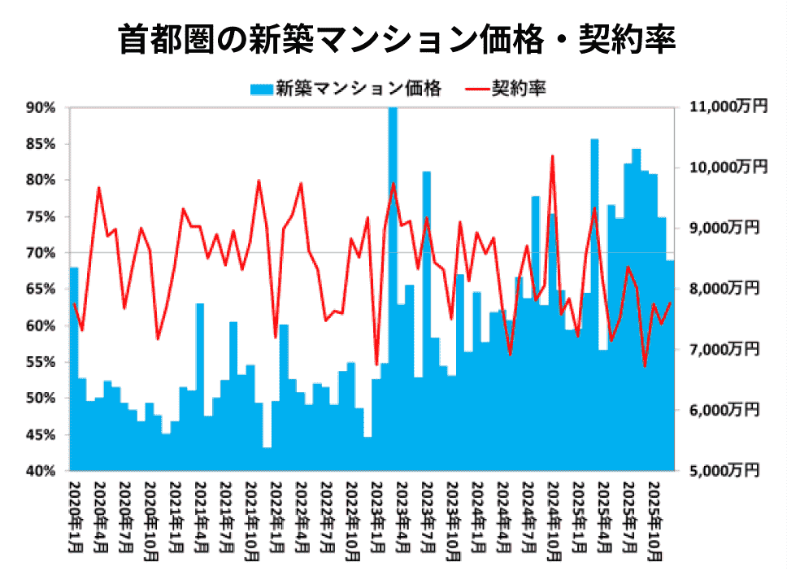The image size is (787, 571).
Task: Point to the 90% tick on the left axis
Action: (x=41, y=107)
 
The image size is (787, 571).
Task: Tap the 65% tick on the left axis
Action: (x=41, y=289)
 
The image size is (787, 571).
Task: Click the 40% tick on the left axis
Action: (x=41, y=470)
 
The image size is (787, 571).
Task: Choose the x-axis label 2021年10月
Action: (x=252, y=516)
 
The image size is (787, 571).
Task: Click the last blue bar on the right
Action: (x=671, y=366)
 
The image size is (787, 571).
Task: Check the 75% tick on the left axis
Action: (x=41, y=216)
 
